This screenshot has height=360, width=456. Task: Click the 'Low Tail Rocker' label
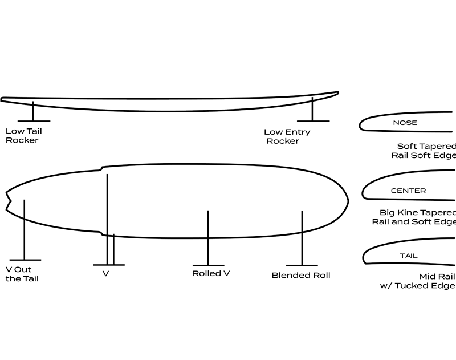(x=23, y=135)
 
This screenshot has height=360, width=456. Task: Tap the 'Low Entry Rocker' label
(x=287, y=136)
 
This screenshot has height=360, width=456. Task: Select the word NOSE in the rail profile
(x=405, y=123)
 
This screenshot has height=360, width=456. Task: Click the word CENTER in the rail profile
(x=408, y=191)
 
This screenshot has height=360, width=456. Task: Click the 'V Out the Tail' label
(x=22, y=274)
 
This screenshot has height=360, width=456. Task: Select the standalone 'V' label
(x=105, y=274)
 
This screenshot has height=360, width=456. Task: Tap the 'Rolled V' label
(x=211, y=273)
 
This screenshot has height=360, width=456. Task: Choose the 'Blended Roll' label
(x=301, y=275)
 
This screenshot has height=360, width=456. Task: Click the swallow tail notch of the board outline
(x=10, y=203)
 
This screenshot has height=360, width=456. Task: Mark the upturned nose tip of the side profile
(x=337, y=92)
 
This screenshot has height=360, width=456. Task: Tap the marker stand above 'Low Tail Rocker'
(x=33, y=111)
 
